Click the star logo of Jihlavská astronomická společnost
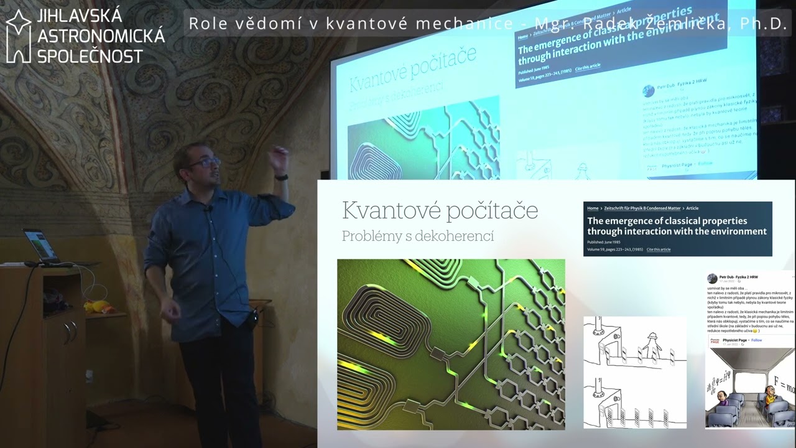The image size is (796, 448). [19, 36]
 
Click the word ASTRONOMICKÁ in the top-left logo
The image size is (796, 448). [101, 36]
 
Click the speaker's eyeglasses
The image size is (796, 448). [205, 163]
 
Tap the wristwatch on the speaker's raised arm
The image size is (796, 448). [282, 177]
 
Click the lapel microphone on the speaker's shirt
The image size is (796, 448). [210, 208]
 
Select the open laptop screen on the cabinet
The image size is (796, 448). [36, 245]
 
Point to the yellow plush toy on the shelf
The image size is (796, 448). [98, 307]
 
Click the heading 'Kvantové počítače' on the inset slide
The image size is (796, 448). [440, 210]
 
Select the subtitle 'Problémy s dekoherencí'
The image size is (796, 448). [417, 236]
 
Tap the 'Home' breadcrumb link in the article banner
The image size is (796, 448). [593, 208]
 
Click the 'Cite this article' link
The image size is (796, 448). [658, 250]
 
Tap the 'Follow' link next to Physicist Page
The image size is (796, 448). [756, 340]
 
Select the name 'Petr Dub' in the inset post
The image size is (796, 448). [727, 277]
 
